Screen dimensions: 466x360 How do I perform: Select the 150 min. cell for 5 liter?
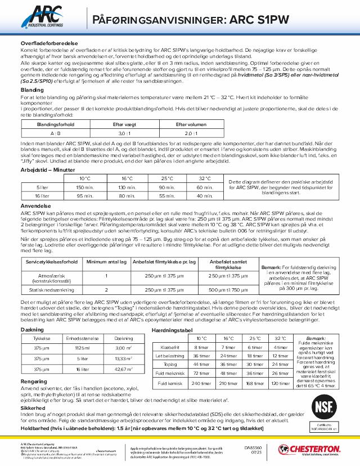[x=85, y=187]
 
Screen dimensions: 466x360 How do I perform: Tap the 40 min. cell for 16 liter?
[x=205, y=195]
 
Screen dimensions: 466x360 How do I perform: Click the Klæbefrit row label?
[x=169, y=347]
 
